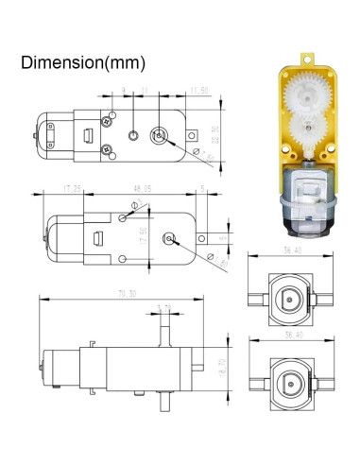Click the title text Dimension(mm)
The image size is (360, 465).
(x=83, y=63)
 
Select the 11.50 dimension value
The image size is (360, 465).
(x=198, y=90)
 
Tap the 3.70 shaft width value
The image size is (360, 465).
(x=164, y=307)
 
